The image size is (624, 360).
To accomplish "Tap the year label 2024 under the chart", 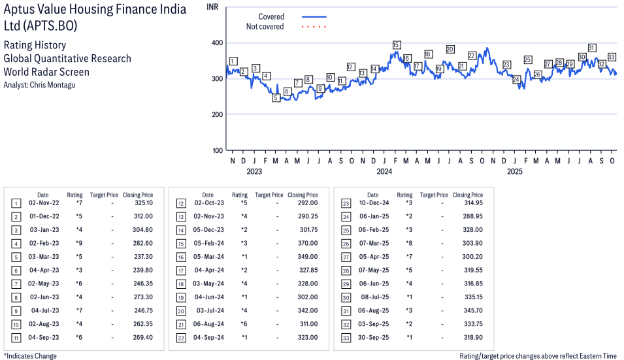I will click(x=384, y=172).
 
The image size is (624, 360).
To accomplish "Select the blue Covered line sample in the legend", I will click(x=314, y=17).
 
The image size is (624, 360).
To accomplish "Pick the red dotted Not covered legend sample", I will click(x=314, y=27).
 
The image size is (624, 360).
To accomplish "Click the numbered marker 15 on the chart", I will click(x=397, y=45).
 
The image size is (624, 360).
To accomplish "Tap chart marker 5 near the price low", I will click(x=276, y=98).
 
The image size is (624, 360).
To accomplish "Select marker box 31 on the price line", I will click(x=591, y=48).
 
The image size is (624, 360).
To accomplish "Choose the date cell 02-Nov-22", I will click(x=43, y=203).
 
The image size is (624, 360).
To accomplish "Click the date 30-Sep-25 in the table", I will click(x=373, y=337).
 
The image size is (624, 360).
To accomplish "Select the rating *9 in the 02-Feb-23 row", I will click(x=79, y=244).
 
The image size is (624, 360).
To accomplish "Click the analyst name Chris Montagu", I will click(x=51, y=85).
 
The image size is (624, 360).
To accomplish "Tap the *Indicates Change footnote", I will click(x=30, y=356).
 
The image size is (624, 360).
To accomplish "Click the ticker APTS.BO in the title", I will click(x=50, y=26).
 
